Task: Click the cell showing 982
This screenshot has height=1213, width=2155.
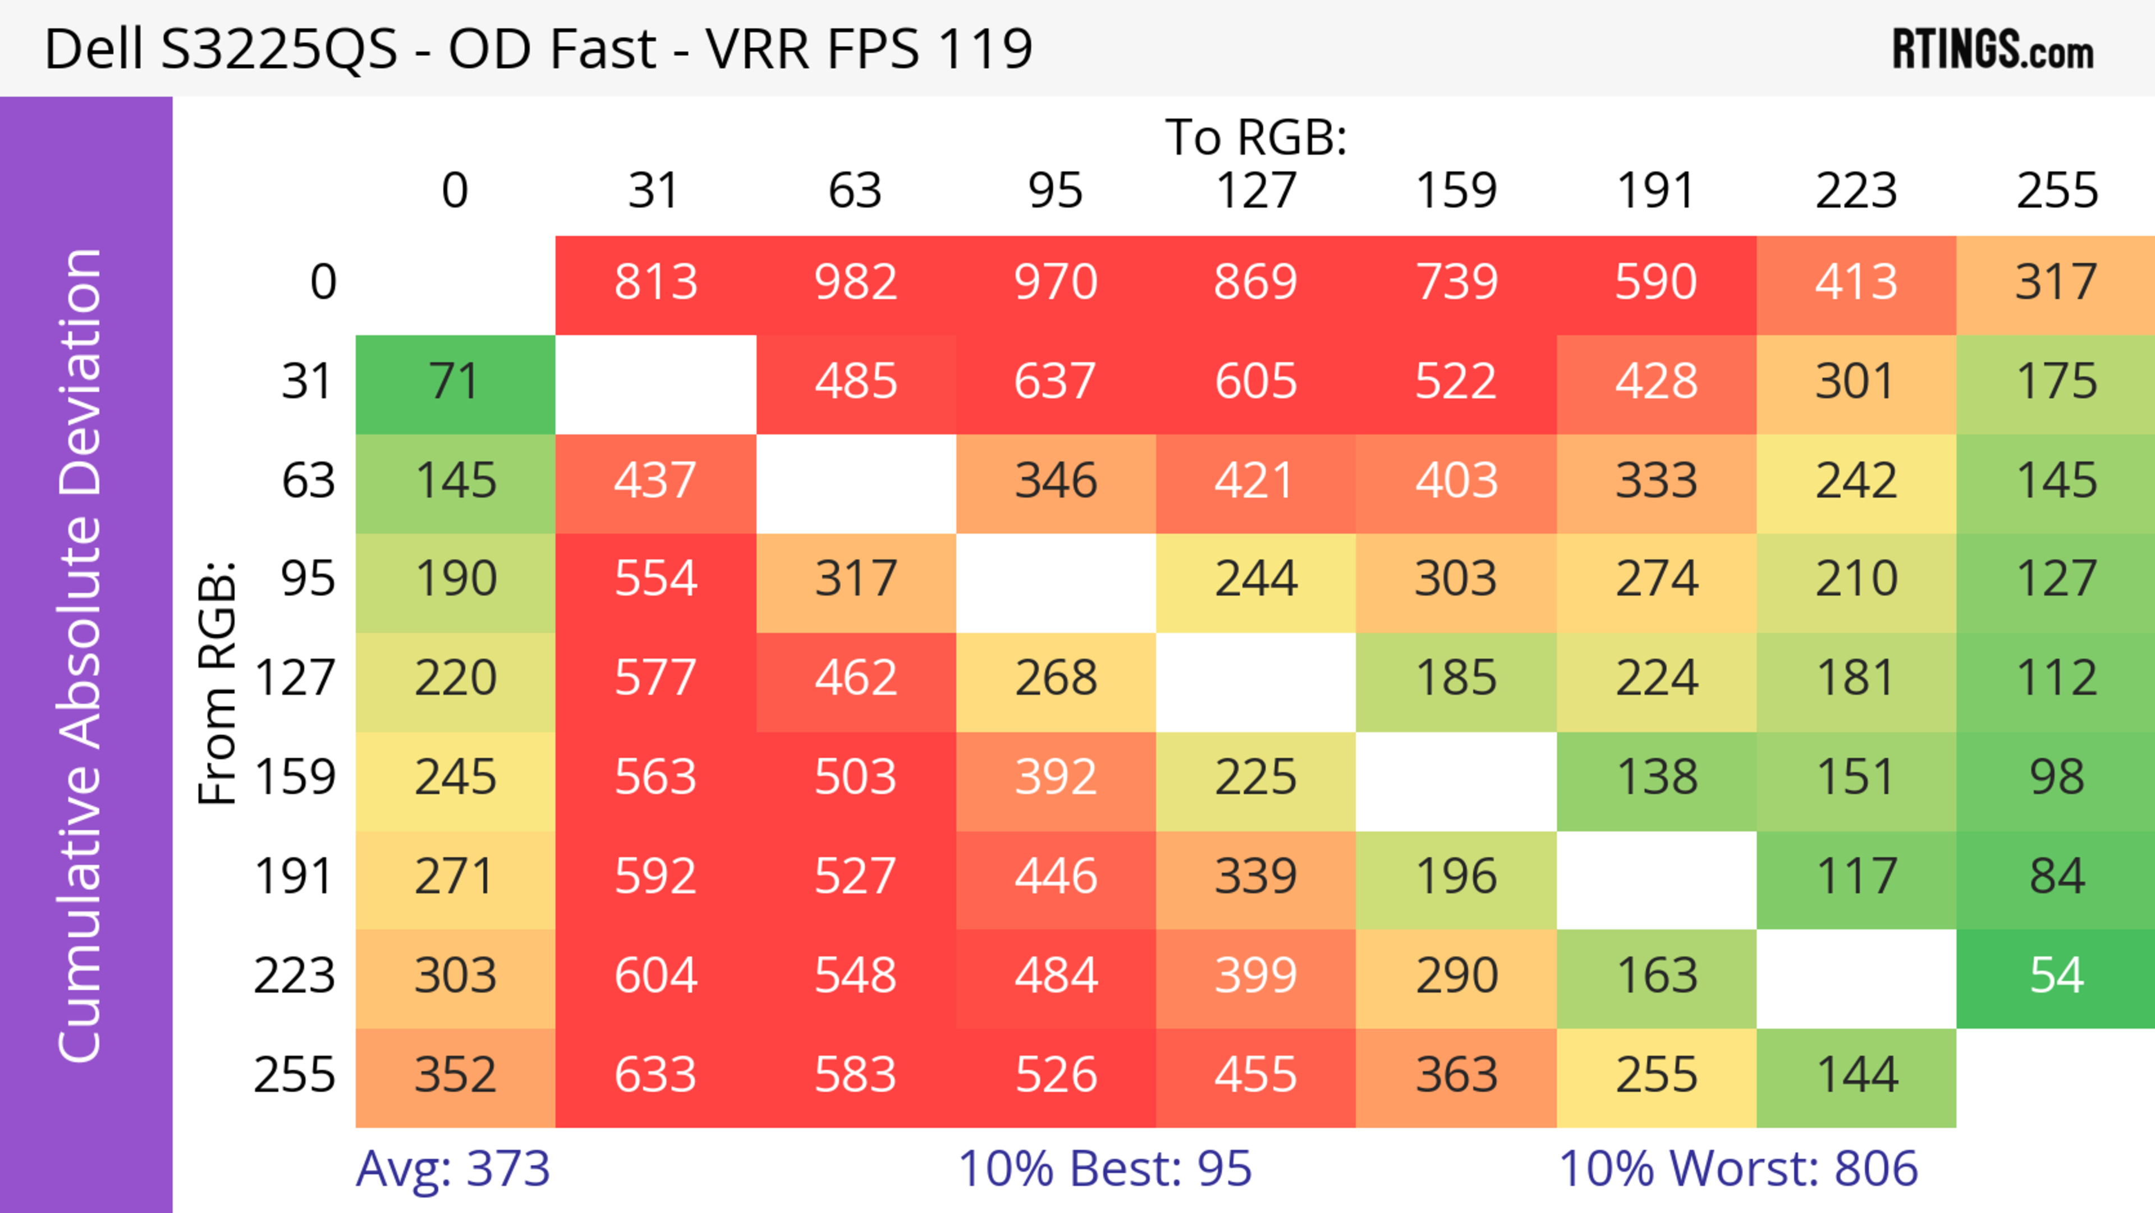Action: pyautogui.click(x=856, y=283)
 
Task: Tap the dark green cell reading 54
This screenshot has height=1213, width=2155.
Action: pyautogui.click(x=2056, y=976)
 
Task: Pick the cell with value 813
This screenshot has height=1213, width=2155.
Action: pyautogui.click(x=656, y=283)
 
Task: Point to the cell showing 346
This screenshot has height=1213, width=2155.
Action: pyautogui.click(x=1056, y=481)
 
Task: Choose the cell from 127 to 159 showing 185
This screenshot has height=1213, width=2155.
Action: pyautogui.click(x=1456, y=679)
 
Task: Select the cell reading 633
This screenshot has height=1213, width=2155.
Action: pyautogui.click(x=656, y=1076)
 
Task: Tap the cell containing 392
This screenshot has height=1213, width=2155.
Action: pyautogui.click(x=1056, y=778)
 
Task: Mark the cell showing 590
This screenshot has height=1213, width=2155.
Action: pyautogui.click(x=1656, y=283)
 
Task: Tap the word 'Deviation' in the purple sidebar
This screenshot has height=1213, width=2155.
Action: pyautogui.click(x=81, y=372)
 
